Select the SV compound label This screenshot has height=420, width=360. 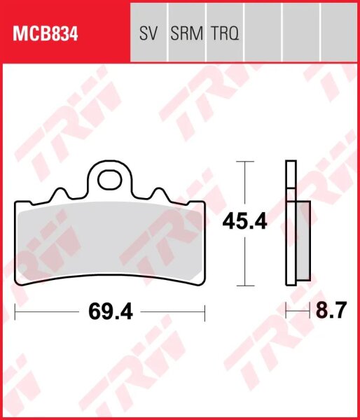(x=148, y=33)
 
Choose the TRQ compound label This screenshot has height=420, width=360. (x=224, y=33)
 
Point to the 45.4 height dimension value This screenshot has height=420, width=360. (x=244, y=222)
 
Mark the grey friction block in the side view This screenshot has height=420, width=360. (x=303, y=241)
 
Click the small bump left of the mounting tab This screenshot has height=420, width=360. (x=59, y=192)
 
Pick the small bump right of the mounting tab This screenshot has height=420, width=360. (x=159, y=192)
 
